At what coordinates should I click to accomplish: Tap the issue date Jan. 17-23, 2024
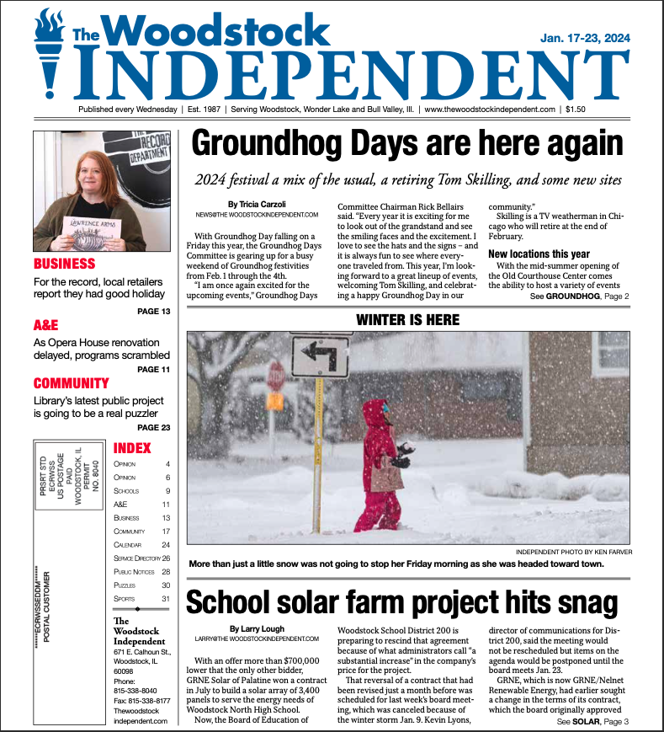click(x=585, y=39)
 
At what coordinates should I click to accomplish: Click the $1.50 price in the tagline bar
click(x=576, y=110)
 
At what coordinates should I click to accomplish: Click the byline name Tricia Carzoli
click(x=257, y=205)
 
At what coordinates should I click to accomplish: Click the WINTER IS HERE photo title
click(x=407, y=320)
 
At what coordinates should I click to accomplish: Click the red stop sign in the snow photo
click(x=276, y=375)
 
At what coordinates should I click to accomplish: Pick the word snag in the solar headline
click(x=582, y=602)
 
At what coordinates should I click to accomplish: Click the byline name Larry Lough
click(x=257, y=628)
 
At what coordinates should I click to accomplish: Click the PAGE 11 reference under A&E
click(x=153, y=369)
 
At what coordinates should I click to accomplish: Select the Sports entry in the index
click(x=125, y=598)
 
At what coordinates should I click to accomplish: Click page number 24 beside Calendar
click(x=166, y=544)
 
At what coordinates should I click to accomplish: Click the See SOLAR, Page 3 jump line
click(x=592, y=722)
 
